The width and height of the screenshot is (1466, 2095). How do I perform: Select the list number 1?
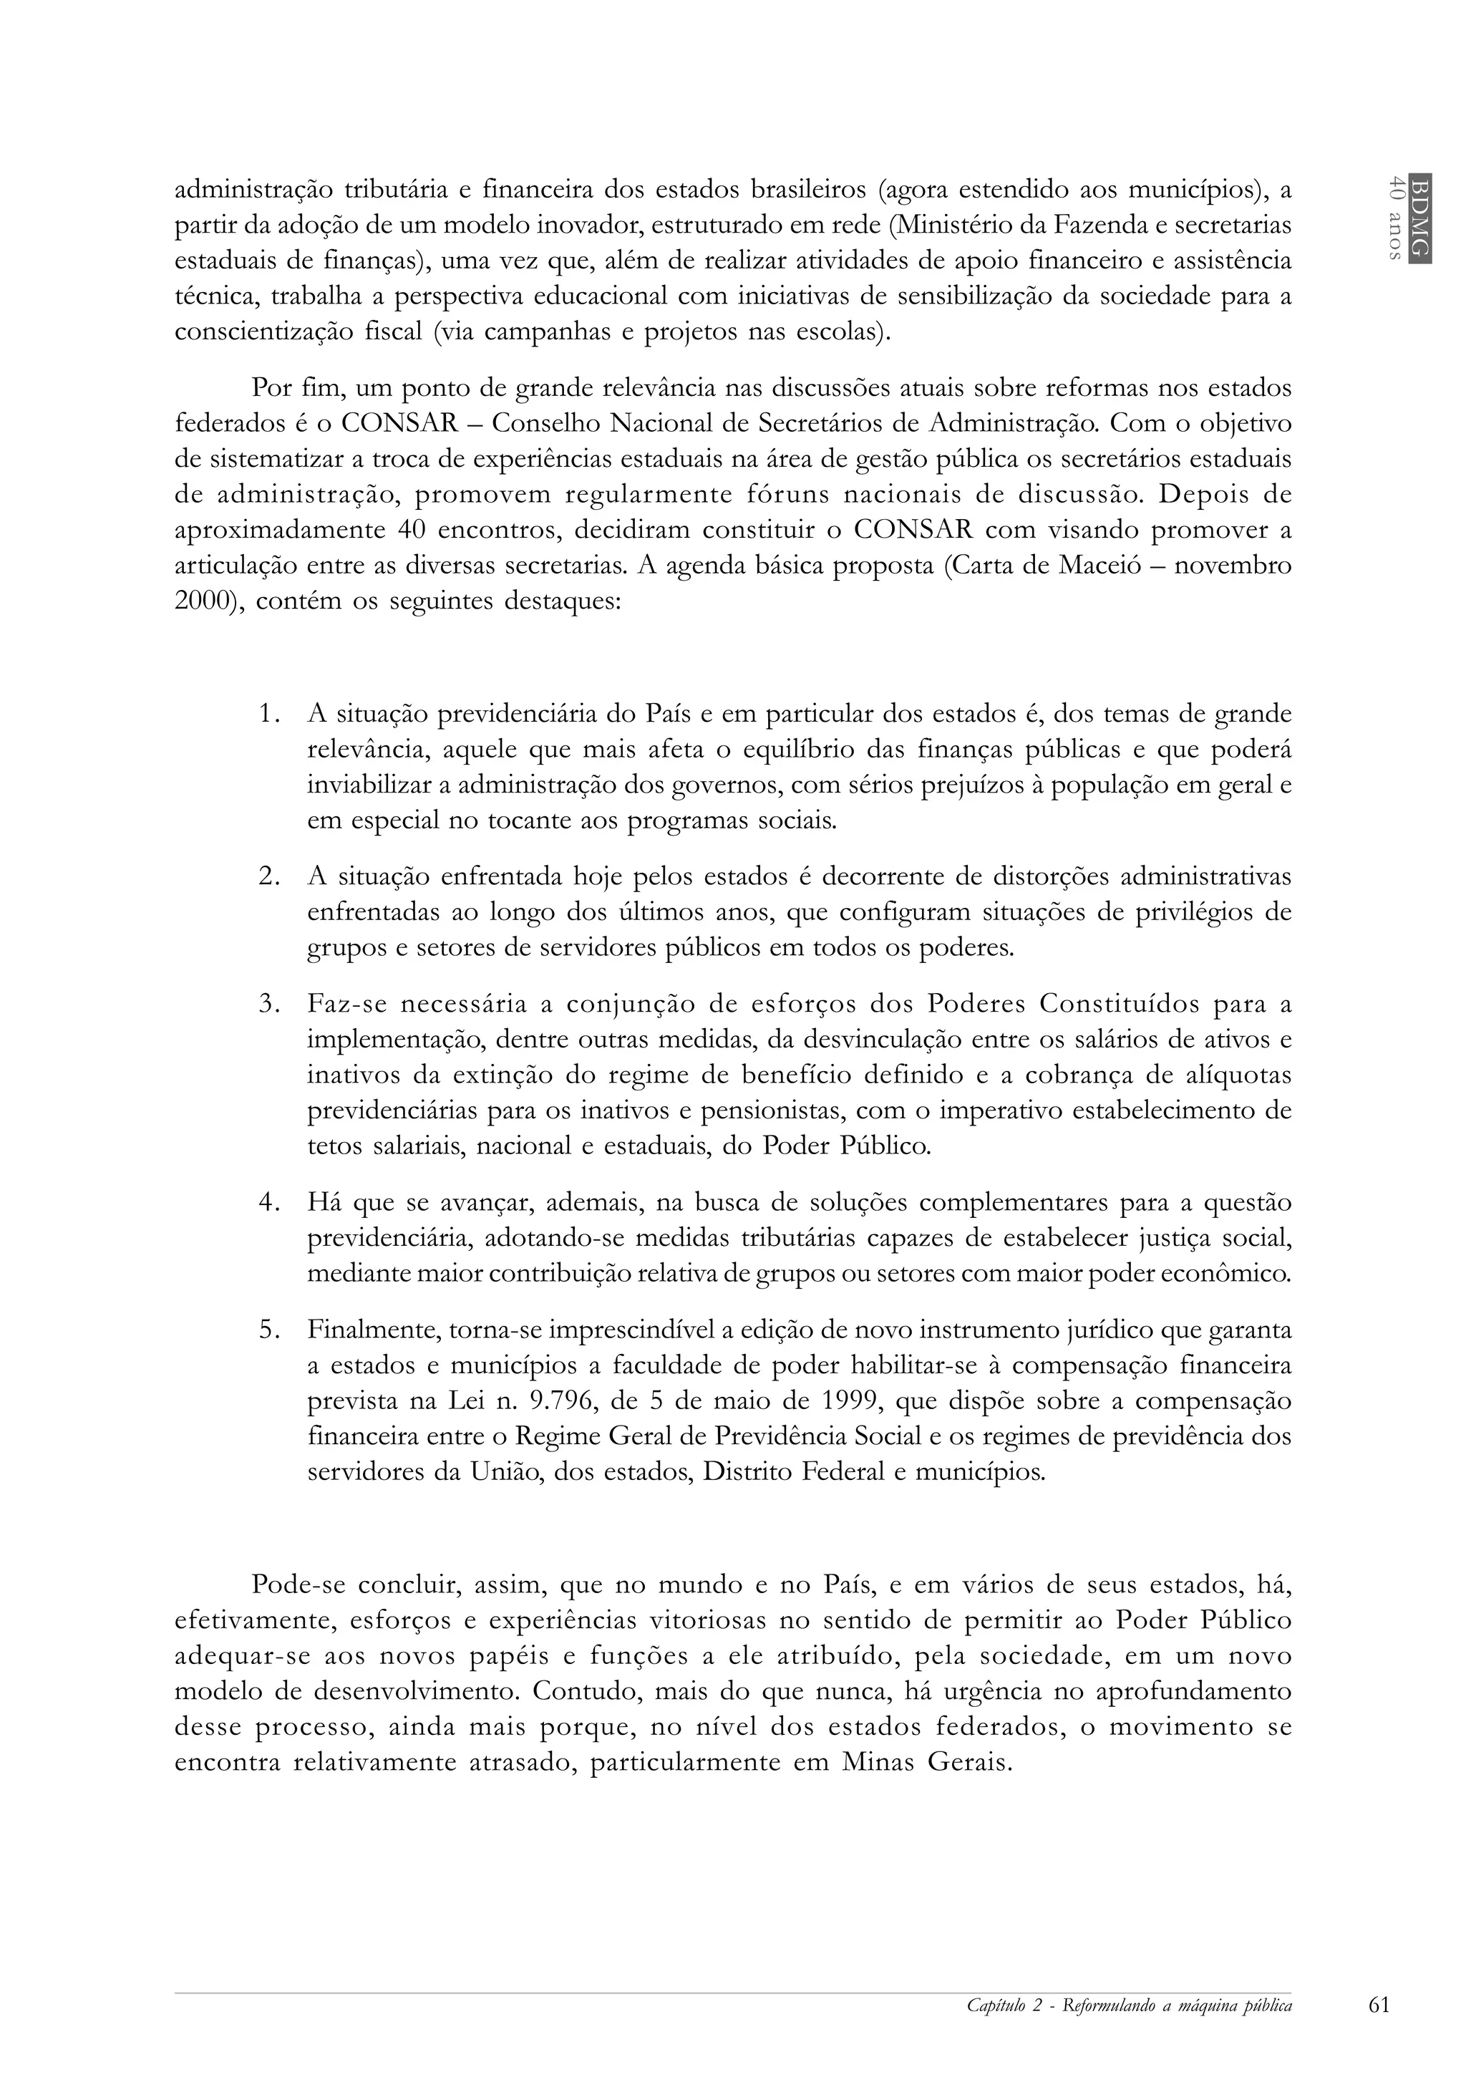266,714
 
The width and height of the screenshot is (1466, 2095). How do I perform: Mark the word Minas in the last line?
878,1762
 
